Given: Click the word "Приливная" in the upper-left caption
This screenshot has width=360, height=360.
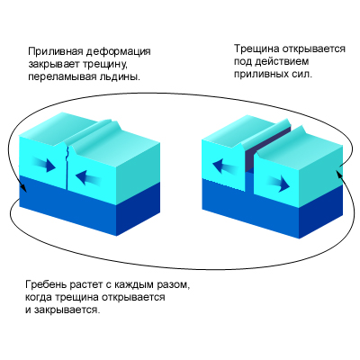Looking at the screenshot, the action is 56,51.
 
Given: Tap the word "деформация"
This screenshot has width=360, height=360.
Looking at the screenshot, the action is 119,51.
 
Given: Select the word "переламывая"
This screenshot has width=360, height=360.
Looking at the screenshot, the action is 62,76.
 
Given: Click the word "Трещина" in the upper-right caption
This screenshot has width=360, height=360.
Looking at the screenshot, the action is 256,49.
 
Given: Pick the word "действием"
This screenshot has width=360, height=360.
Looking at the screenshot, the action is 282,61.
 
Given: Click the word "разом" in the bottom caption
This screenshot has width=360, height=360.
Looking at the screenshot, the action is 175,285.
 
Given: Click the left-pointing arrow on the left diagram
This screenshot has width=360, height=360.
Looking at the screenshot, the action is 88,178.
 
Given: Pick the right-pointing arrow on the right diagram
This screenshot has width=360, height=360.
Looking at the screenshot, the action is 277,184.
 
